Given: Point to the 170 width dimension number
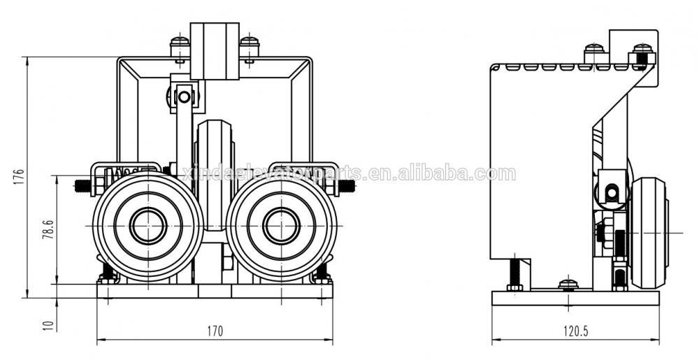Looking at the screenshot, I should click(215, 331).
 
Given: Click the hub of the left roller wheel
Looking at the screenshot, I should click(147, 225).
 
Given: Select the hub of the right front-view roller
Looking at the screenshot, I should click(282, 225).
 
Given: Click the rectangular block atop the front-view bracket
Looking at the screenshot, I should click(215, 50).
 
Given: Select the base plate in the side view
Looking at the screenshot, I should click(575, 298).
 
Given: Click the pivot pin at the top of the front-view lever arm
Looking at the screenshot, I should click(184, 95).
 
